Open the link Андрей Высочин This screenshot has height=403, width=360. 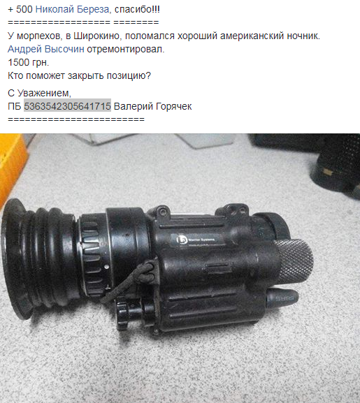click(45, 50)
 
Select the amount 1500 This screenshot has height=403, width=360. click(19, 63)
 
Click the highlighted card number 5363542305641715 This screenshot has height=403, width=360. click(67, 106)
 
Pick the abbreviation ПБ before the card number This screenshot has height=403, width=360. click(14, 106)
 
